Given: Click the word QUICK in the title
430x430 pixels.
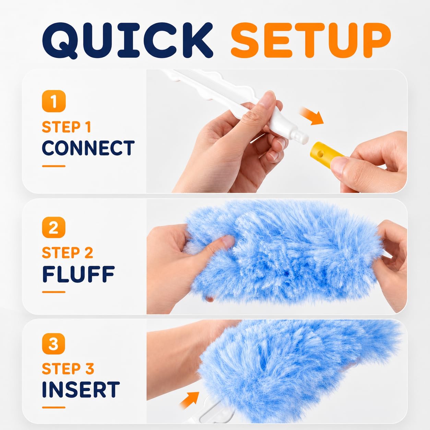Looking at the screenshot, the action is click(128, 40).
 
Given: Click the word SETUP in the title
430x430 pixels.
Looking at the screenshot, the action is click(311, 40).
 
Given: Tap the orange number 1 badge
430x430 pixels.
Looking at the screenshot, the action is click(54, 101).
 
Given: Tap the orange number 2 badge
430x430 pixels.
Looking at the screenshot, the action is click(54, 227).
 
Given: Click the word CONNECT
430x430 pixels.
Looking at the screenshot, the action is click(88, 148).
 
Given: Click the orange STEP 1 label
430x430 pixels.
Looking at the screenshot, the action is click(67, 127).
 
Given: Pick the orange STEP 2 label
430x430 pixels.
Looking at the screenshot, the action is click(68, 253).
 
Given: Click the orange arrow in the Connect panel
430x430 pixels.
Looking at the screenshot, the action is click(311, 116).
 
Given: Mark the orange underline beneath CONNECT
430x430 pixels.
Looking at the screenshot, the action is click(53, 166).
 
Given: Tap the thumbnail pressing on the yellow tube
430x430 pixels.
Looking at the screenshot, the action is click(339, 164).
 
